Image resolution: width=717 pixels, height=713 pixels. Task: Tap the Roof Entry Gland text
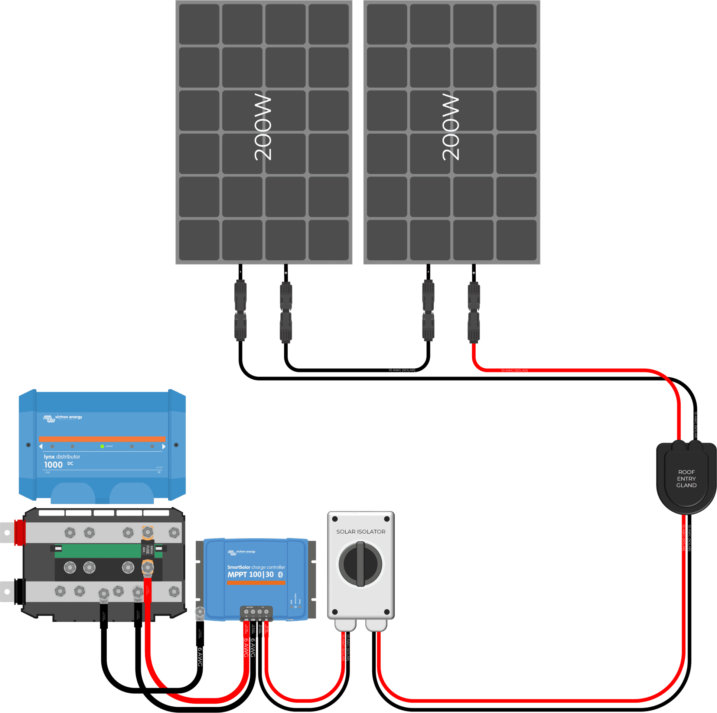(x=686, y=478)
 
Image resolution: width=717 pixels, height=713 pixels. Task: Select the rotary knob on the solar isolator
(x=360, y=564)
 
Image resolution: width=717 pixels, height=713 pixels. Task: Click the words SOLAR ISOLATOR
(x=361, y=531)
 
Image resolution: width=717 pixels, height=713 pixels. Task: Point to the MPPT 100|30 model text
(x=251, y=574)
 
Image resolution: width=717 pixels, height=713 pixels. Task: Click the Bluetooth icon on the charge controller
(x=281, y=574)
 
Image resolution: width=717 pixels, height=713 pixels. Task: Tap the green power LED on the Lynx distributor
(x=102, y=446)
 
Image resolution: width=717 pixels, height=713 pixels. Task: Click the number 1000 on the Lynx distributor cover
(x=53, y=465)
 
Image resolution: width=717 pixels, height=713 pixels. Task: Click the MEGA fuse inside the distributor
(x=147, y=549)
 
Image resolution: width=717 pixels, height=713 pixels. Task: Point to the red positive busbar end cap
(x=20, y=532)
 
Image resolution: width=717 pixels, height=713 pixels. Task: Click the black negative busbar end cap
(x=19, y=591)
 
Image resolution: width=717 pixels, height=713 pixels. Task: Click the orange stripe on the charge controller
(x=256, y=583)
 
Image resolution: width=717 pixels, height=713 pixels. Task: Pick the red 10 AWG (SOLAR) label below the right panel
(x=514, y=370)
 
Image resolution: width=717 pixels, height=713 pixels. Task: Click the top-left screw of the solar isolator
(x=335, y=519)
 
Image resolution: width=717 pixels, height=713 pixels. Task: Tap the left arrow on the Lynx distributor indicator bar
(x=41, y=446)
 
